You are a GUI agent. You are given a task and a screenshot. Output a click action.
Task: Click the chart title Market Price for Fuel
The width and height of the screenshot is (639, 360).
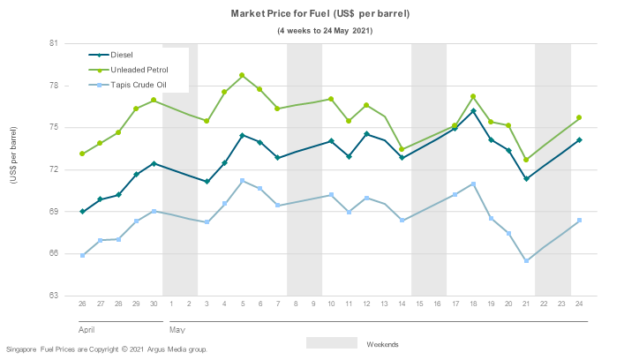click(319, 15)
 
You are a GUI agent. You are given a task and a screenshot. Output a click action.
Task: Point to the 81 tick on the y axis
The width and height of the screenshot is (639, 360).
click(53, 43)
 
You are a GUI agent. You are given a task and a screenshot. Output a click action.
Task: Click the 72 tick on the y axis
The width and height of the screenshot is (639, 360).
click(53, 169)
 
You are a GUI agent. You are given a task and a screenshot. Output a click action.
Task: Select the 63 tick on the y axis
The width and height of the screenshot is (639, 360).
click(53, 296)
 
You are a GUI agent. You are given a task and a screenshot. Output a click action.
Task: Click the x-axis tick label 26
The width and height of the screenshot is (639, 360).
click(82, 304)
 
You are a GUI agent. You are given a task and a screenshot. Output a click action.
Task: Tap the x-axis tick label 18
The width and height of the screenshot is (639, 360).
click(474, 304)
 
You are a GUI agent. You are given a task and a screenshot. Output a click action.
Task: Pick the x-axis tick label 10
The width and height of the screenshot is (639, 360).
click(331, 304)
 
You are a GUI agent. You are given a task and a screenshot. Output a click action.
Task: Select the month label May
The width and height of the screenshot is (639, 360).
click(176, 329)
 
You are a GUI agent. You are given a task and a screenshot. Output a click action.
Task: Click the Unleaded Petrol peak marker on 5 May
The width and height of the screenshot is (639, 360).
click(242, 76)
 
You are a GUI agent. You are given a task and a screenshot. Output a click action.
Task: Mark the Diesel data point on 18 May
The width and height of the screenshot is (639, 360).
click(474, 111)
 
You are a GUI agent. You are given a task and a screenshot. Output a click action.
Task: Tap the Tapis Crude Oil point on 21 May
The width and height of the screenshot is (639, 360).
click(527, 260)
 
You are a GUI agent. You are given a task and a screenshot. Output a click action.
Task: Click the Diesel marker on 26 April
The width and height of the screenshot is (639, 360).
click(82, 212)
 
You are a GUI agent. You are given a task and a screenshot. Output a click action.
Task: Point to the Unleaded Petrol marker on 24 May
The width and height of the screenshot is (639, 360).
click(580, 117)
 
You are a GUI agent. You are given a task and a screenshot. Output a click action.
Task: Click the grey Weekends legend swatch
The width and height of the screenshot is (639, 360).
click(332, 342)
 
